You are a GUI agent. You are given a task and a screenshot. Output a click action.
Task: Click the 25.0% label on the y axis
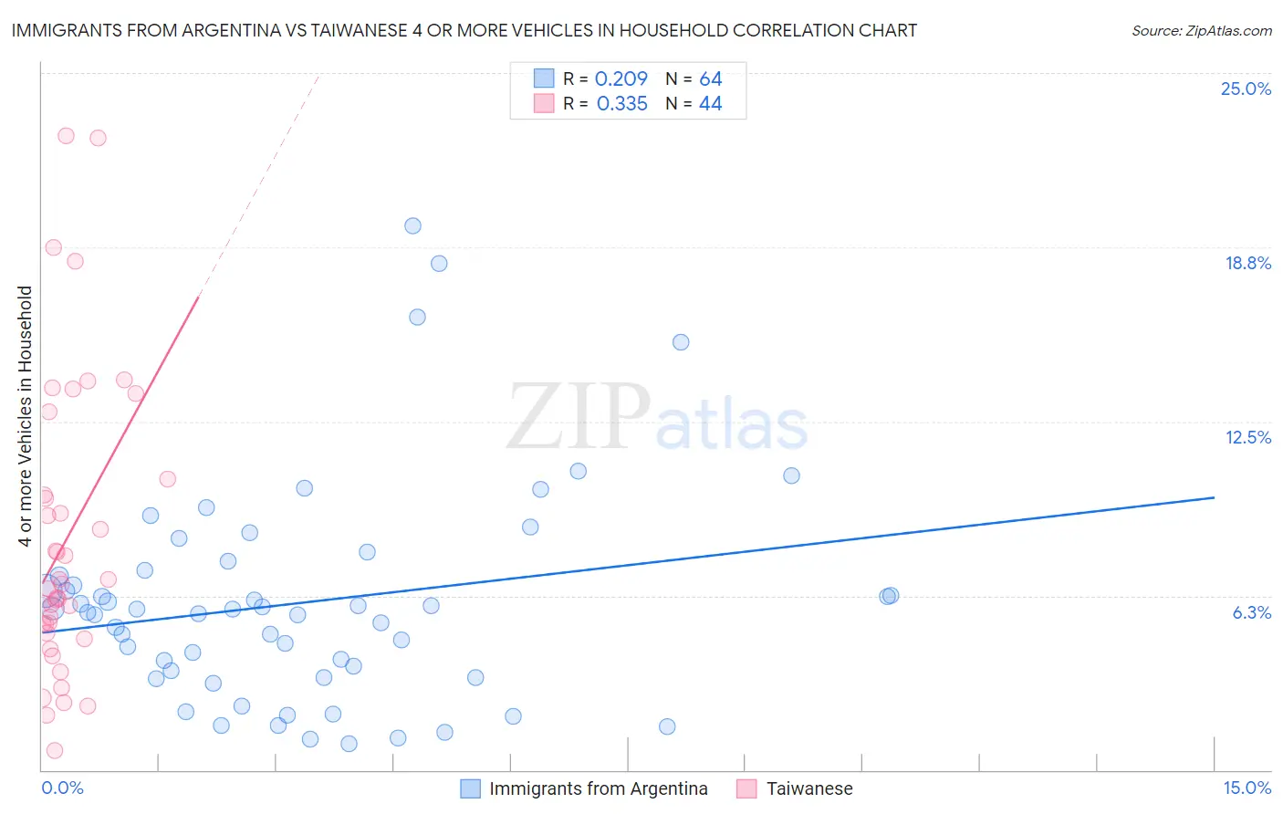click(1246, 89)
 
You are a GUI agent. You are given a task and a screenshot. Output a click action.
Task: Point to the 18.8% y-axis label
click(1247, 263)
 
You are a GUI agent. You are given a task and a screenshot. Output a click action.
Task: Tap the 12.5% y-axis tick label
click(1247, 437)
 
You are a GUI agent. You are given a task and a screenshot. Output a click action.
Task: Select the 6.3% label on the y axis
click(1251, 612)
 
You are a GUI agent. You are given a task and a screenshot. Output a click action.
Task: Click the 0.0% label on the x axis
click(62, 788)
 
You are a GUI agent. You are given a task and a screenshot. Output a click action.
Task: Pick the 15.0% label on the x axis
click(1246, 788)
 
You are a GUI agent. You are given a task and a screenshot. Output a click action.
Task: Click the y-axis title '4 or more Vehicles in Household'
click(26, 416)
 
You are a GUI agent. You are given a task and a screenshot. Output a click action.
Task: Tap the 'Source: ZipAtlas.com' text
click(1201, 30)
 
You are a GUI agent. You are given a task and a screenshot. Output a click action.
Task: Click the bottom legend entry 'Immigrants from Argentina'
click(598, 788)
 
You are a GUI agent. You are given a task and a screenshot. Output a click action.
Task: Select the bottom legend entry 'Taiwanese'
click(808, 788)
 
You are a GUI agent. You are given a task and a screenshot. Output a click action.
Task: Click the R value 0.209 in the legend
click(621, 78)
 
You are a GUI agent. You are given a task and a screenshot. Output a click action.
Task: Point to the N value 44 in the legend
click(710, 103)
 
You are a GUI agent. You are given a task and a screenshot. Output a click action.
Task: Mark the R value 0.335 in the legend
click(621, 103)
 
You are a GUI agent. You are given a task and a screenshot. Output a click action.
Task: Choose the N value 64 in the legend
click(710, 78)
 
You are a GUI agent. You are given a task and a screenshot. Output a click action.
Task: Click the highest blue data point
click(412, 225)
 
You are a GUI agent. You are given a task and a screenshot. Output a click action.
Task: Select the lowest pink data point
click(55, 750)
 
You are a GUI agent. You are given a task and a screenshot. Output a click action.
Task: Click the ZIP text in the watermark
click(579, 416)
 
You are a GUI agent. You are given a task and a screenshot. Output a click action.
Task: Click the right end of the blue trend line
click(1214, 497)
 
